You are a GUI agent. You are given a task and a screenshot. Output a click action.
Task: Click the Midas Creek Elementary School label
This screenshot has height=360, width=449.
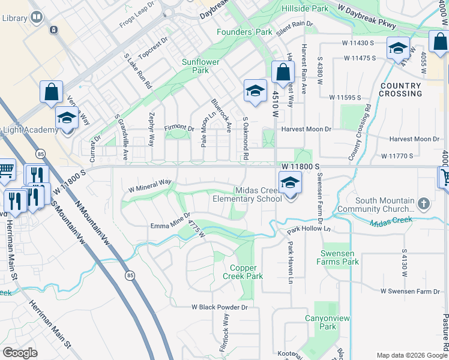(247, 194)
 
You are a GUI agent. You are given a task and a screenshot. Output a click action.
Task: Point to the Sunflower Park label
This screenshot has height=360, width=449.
(196, 66)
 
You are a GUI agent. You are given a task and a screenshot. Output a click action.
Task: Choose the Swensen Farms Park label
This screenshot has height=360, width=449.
(339, 257)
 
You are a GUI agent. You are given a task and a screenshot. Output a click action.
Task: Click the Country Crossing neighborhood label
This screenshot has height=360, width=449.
(401, 90)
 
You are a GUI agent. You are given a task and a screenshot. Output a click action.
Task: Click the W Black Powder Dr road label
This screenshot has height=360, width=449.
(220, 307)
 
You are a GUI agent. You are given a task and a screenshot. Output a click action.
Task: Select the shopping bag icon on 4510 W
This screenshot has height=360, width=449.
(283, 73)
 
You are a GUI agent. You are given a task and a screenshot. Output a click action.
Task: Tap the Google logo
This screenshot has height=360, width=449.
(20, 353)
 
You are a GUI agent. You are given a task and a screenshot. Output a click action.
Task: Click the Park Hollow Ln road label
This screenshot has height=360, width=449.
(309, 229)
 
